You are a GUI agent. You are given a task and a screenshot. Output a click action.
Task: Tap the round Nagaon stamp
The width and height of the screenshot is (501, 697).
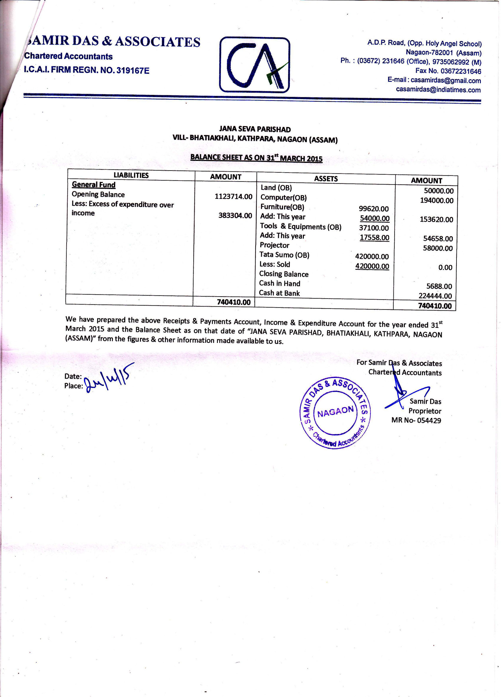tap(335, 412)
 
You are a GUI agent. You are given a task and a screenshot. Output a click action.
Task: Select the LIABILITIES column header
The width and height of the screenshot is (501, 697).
tap(131, 175)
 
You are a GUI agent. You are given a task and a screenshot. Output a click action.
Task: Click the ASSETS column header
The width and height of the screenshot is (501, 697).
tap(326, 179)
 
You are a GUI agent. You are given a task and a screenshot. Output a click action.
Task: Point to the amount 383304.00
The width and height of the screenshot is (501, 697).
tap(235, 215)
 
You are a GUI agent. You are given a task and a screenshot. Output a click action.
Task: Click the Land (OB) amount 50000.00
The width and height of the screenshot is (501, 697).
tap(439, 191)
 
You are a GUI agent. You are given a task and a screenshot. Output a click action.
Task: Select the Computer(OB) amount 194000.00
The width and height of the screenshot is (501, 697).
tap(436, 200)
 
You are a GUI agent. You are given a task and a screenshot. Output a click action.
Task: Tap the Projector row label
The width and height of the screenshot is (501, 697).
tap(274, 245)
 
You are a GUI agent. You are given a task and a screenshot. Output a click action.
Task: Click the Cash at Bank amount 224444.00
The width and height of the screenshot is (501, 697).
tap(435, 296)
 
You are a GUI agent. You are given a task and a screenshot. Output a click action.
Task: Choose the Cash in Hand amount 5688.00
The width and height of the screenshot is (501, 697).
tap(439, 287)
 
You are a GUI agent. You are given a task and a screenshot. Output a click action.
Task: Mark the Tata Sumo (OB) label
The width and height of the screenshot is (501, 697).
tap(284, 255)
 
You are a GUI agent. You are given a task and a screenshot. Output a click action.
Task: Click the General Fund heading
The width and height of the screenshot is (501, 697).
tap(94, 185)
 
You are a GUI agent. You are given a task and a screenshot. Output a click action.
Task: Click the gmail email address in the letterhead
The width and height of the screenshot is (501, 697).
tap(445, 81)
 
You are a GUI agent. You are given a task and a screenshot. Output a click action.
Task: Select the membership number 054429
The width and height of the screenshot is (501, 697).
tap(429, 421)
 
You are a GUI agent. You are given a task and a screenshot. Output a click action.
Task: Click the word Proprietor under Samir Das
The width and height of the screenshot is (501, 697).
tap(425, 411)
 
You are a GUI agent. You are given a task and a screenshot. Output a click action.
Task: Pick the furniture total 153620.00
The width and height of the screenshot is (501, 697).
tap(436, 220)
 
